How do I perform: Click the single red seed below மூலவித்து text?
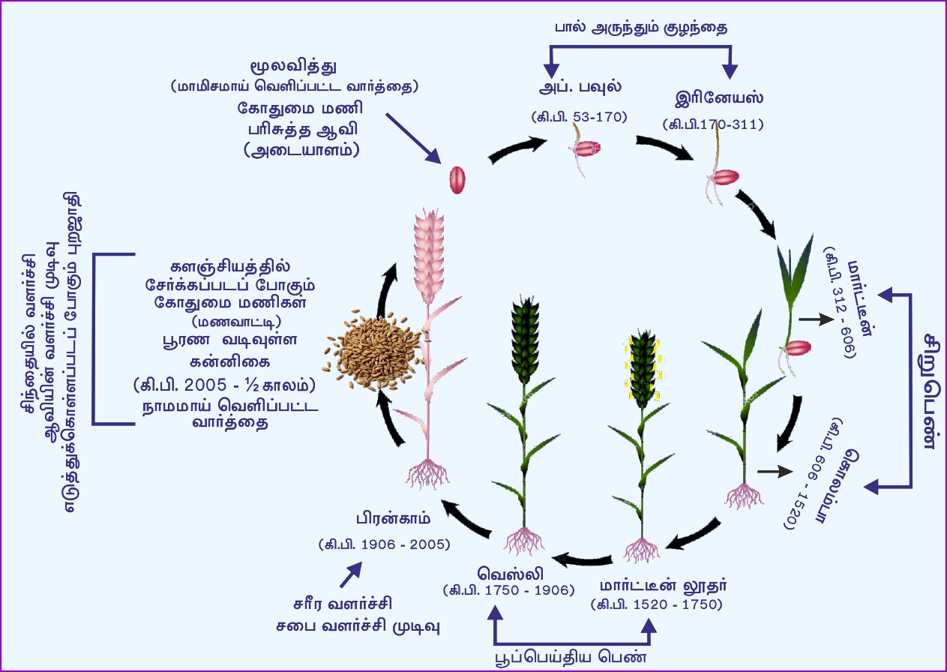(x=457, y=180)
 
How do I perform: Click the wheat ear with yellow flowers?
(x=642, y=367)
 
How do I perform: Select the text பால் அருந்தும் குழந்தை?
(x=641, y=27)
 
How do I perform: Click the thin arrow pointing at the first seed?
(x=412, y=137)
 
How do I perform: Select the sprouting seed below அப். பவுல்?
(x=586, y=149)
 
